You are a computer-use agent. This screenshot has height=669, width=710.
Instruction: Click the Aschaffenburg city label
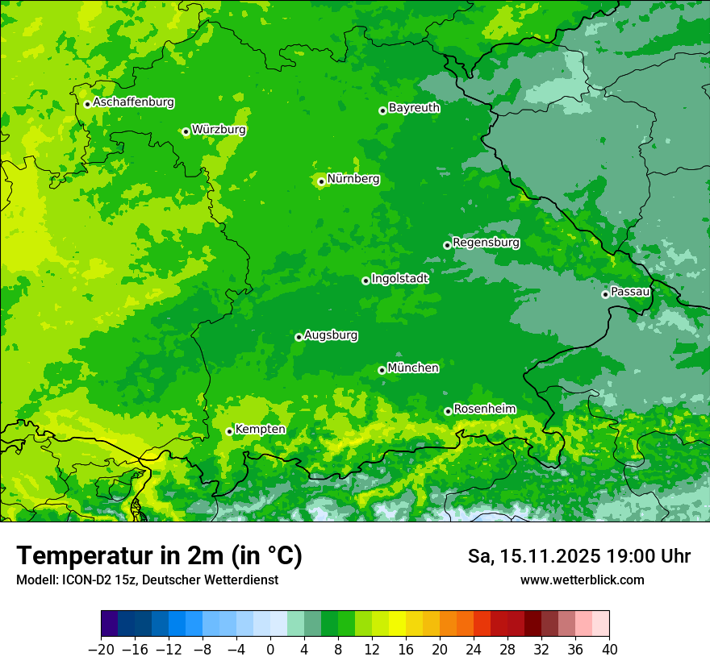coord(133,102)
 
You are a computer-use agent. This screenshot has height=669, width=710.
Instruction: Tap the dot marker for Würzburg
coord(186,131)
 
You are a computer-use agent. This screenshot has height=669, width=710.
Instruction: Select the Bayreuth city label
coord(414,107)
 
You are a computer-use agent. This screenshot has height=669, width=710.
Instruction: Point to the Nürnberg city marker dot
coord(321,181)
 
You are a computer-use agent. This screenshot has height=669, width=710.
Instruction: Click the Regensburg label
coord(486,242)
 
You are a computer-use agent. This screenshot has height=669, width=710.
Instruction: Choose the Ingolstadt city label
coord(399,278)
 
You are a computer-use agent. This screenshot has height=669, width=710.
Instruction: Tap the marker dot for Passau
coord(605,294)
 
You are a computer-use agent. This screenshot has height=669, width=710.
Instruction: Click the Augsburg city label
coord(331,334)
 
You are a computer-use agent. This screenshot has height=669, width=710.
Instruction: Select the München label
coord(413,368)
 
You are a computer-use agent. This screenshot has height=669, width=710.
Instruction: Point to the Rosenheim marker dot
coord(448,411)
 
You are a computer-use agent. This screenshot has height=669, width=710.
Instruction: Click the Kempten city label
coord(260,429)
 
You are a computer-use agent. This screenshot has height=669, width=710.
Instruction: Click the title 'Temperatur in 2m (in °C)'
coord(159,556)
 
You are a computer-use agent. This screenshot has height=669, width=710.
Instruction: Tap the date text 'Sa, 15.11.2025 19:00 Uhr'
coord(578,556)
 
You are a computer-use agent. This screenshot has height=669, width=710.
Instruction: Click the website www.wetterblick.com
coord(582,580)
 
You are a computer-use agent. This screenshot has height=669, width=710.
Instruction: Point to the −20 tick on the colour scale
coord(101,650)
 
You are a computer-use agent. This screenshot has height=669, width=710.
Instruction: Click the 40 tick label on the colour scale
coord(609,650)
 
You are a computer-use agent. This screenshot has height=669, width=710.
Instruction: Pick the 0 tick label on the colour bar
coord(270,650)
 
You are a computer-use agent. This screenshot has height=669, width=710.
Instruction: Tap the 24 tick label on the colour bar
coord(474,650)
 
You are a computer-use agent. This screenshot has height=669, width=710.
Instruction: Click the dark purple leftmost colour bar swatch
coord(109,624)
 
